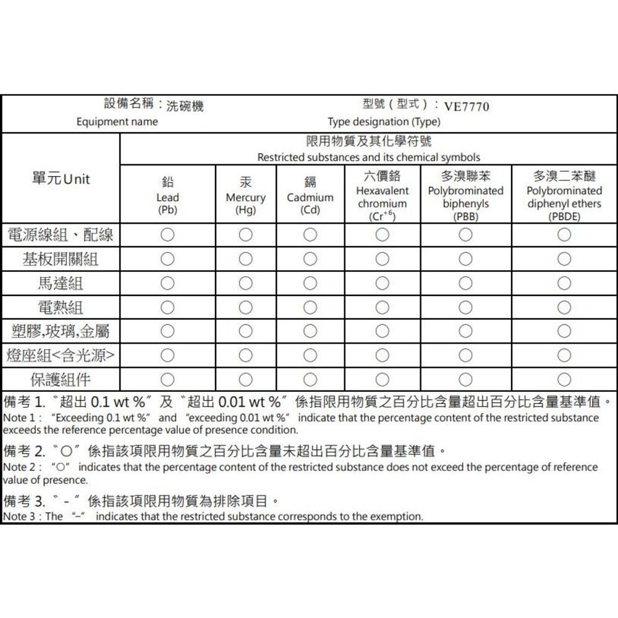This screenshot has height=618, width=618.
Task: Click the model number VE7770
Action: tap(467, 107)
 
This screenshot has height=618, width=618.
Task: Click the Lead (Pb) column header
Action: tap(167, 197)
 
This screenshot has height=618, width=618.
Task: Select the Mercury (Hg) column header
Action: tap(245, 197)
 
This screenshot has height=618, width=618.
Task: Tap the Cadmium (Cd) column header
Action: tap(310, 197)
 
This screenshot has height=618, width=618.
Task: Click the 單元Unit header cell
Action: tap(61, 179)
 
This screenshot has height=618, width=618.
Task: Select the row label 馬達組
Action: tap(61, 284)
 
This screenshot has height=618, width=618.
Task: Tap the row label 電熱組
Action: tap(61, 307)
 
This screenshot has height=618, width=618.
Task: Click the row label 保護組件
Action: tap(61, 379)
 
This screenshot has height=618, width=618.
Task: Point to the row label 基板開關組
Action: tap(61, 260)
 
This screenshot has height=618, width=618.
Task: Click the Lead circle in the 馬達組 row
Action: tap(167, 284)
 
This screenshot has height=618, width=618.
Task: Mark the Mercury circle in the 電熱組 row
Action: tap(245, 307)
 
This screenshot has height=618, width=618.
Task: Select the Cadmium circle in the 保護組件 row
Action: tap(310, 379)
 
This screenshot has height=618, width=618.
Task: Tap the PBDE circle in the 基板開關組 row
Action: tap(564, 260)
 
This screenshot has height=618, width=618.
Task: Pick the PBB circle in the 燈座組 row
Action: tap(466, 355)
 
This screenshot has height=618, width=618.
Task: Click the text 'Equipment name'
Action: tap(117, 122)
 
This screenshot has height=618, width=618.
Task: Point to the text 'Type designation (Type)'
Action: tap(384, 122)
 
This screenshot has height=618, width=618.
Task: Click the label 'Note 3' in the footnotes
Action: tap(17, 516)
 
